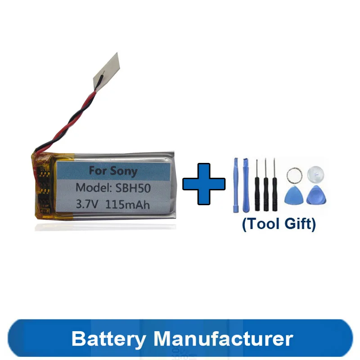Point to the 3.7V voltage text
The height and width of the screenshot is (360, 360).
(x=88, y=203)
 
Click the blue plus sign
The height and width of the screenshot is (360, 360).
(x=204, y=184)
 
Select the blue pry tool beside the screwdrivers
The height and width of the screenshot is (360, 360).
(x=245, y=184)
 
